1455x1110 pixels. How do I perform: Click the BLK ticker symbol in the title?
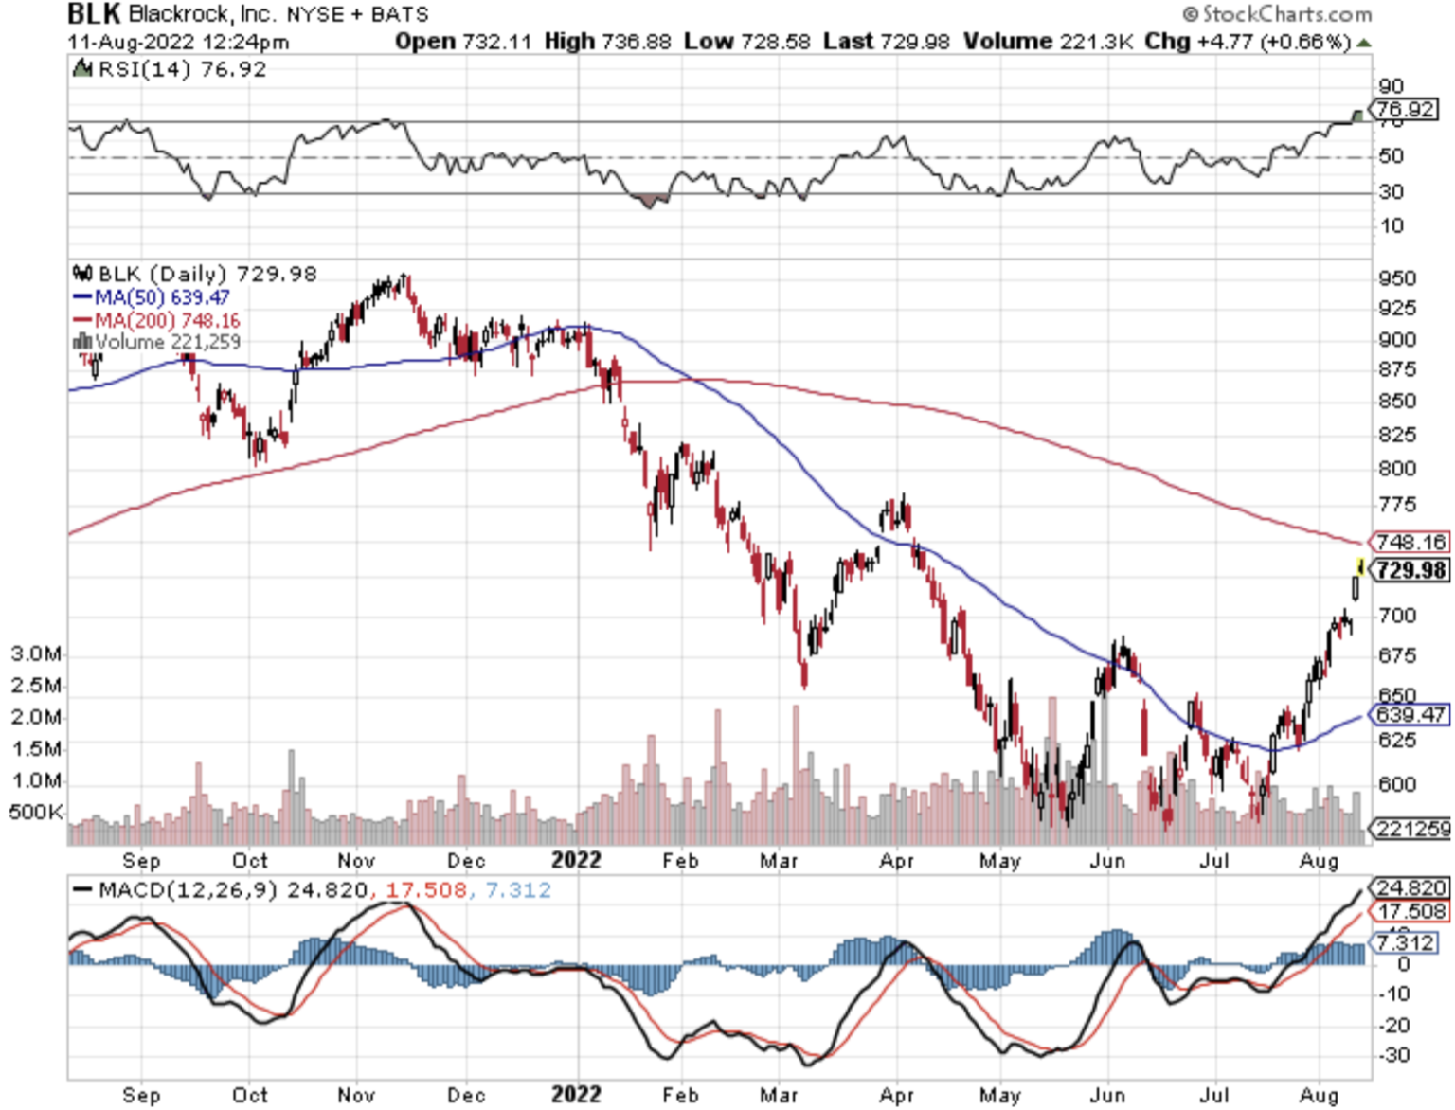point(95,14)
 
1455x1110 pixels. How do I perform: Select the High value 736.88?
point(607,42)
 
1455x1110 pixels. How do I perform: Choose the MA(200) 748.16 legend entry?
point(167,320)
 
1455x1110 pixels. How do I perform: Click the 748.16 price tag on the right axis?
point(1410,542)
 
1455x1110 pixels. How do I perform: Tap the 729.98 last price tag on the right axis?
point(1410,570)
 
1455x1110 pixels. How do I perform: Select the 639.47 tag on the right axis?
point(1410,715)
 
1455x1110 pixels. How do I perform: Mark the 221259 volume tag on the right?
point(1412,829)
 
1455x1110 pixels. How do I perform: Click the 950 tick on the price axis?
point(1397,278)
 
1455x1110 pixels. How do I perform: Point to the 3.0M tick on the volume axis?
point(36,653)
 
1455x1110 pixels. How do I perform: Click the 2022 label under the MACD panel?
point(576,1095)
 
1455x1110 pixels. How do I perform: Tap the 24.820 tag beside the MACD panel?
point(1410,887)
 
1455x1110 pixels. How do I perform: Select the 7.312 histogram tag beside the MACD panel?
point(1406,942)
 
